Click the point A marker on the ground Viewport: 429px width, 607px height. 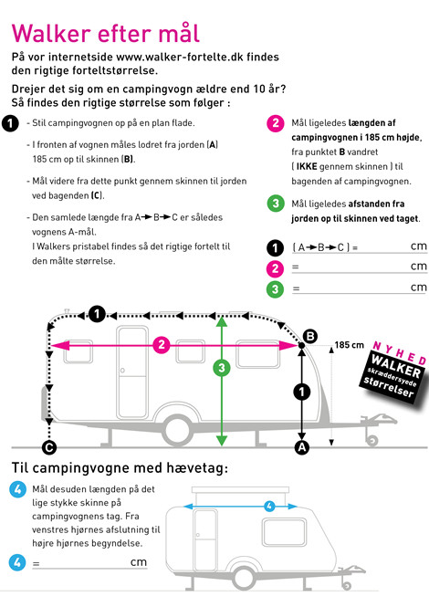tap(302, 447)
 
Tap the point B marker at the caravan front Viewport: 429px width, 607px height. tap(310, 337)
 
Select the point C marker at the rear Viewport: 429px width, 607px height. tap(49, 447)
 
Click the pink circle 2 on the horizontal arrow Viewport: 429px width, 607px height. tap(162, 345)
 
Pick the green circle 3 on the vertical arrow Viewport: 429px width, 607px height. tap(222, 368)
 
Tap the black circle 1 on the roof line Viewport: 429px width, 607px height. tap(97, 314)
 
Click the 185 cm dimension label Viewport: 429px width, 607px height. tap(350, 345)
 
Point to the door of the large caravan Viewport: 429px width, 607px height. tap(132, 372)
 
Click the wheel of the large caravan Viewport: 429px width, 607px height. tap(177, 431)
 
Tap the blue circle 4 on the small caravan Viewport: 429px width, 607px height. tap(269, 506)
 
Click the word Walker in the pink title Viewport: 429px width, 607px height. tap(51, 34)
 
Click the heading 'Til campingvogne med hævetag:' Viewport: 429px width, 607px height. tap(120, 468)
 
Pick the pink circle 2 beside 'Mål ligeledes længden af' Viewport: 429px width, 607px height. tap(276, 123)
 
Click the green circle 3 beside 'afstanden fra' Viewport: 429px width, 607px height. tap(276, 204)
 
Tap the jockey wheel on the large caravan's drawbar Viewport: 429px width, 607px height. tap(372, 441)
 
